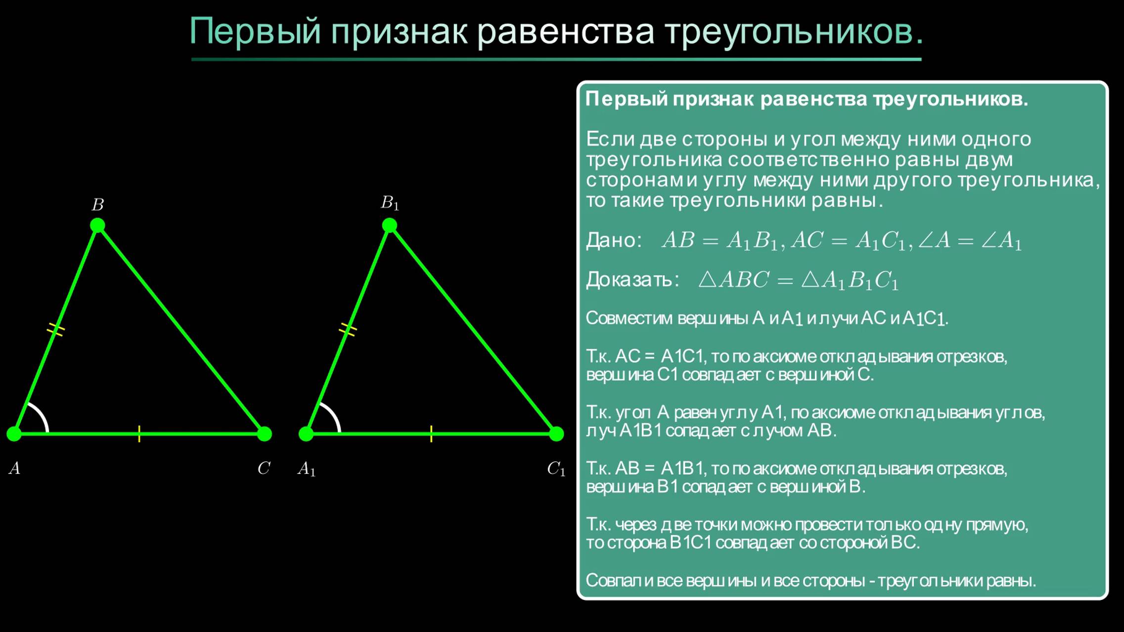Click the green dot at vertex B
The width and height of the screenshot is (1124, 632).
click(97, 226)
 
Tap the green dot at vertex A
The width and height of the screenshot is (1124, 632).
click(14, 434)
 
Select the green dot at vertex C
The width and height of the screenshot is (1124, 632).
click(265, 434)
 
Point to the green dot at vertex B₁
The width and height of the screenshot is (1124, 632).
click(390, 226)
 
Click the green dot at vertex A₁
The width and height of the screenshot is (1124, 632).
click(306, 434)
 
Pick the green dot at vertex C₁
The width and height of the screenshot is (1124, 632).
click(556, 434)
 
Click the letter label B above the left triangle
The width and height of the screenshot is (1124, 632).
click(98, 205)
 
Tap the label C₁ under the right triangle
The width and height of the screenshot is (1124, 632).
click(556, 469)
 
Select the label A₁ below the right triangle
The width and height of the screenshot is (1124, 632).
click(306, 469)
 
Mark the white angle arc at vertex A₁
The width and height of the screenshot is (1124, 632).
click(333, 414)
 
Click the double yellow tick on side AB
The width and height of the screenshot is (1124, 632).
click(55, 329)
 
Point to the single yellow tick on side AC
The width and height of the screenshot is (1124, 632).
click(139, 434)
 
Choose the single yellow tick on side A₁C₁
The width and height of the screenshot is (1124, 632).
click(431, 434)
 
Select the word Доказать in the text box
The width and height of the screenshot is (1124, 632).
click(631, 280)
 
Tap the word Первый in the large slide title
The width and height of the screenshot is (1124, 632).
click(255, 32)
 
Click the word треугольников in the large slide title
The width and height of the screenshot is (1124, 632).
click(793, 32)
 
